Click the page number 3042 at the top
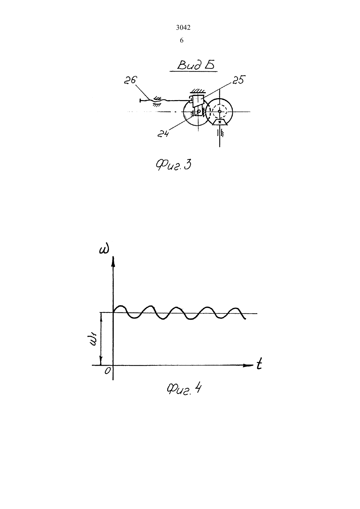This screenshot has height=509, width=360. click(183, 28)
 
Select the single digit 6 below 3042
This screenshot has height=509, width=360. click(182, 41)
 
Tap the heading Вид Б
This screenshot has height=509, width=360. click(196, 65)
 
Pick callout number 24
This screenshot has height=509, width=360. click(163, 134)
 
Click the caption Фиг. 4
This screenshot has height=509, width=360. click(184, 390)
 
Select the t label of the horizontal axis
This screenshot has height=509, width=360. click(259, 364)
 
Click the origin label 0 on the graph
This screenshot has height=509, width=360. click(107, 371)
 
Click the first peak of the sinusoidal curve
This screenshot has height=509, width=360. click(121, 306)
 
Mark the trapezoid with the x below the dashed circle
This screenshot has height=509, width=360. click(220, 122)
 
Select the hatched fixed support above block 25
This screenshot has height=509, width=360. click(197, 91)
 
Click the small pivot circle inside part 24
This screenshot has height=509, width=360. click(199, 112)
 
